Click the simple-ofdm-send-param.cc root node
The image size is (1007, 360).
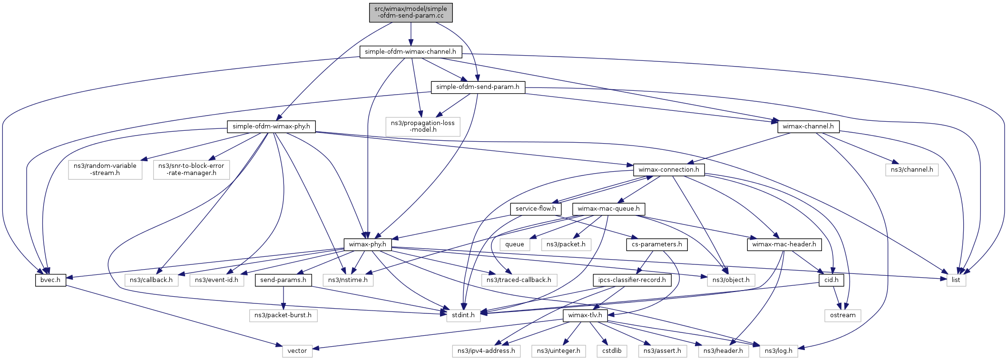[x=411, y=12]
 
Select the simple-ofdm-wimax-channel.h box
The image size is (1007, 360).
[x=410, y=52]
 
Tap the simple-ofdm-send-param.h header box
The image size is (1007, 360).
[x=478, y=88]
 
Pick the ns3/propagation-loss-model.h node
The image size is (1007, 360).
[x=423, y=126]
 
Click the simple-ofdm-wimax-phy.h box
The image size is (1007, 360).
[x=271, y=126]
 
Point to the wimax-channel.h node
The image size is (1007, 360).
[x=808, y=126]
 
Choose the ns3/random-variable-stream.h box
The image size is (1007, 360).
[x=105, y=169]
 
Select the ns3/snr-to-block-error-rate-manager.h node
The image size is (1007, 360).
[x=191, y=169]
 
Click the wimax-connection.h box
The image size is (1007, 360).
[x=668, y=170]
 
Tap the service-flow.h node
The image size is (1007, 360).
[x=536, y=209]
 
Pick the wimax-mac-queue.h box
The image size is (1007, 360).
[x=608, y=209]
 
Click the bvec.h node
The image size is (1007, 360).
[x=50, y=280]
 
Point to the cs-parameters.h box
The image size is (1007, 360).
[x=656, y=244]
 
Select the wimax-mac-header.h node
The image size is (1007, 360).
[x=784, y=244]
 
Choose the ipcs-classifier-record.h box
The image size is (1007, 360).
[x=632, y=280]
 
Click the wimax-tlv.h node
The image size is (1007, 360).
[x=585, y=315]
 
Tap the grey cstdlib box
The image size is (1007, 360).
[x=612, y=351]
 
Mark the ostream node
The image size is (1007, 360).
[x=842, y=315]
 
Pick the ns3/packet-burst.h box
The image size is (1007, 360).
[x=283, y=315]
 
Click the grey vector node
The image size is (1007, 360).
[x=297, y=351]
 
